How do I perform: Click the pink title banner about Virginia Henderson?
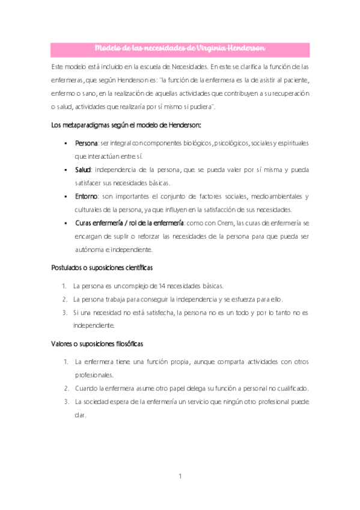click(x=180, y=48)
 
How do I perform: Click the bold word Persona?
click(x=87, y=143)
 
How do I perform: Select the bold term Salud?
click(x=84, y=170)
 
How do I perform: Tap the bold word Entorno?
click(x=87, y=196)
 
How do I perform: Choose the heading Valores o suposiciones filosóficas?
click(x=97, y=344)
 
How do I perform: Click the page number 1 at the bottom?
click(x=180, y=477)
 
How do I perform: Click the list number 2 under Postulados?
click(x=64, y=299)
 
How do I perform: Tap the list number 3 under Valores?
click(x=66, y=402)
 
